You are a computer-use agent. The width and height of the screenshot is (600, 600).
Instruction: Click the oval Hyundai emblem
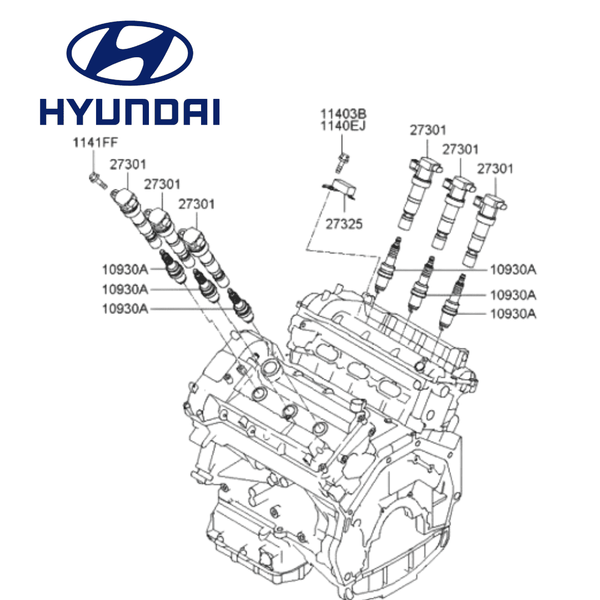[x=129, y=53]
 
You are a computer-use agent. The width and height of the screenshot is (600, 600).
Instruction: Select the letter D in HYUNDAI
[x=163, y=112]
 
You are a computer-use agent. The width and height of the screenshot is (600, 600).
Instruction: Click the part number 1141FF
[x=95, y=142]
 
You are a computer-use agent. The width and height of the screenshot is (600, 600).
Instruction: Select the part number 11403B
[x=343, y=114]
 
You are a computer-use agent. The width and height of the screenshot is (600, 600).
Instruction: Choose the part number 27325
[x=344, y=224]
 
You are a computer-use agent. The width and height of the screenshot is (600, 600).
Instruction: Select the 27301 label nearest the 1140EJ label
[x=428, y=130]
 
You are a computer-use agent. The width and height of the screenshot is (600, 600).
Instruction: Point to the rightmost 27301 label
[x=496, y=168]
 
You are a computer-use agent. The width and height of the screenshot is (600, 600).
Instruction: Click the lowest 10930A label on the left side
[x=125, y=308]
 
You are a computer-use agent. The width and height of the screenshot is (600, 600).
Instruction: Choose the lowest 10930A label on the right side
[x=513, y=314]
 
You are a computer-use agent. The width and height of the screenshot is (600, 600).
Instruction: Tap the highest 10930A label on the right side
[x=513, y=270]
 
